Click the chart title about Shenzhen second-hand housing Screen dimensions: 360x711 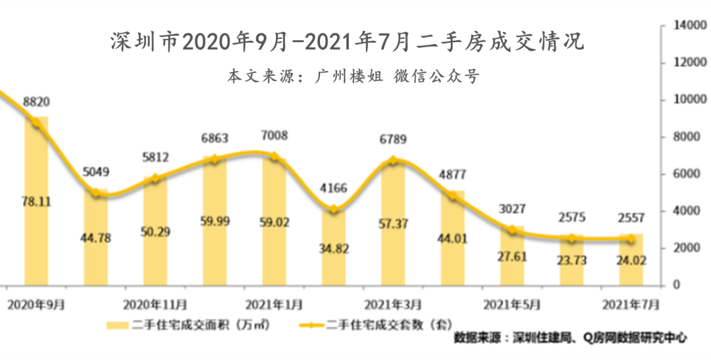point(347,43)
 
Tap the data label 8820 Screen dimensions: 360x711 point(36,102)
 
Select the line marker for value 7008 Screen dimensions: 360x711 point(275,157)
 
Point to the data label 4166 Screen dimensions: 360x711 point(334,188)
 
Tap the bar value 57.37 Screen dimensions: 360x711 point(394,224)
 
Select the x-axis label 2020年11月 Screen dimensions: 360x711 point(155,305)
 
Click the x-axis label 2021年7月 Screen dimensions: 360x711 point(631,305)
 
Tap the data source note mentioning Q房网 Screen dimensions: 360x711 point(571,338)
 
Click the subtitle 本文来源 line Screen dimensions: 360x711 point(354,76)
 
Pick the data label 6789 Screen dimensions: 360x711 point(394,139)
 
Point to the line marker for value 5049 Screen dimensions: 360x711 point(96,193)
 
